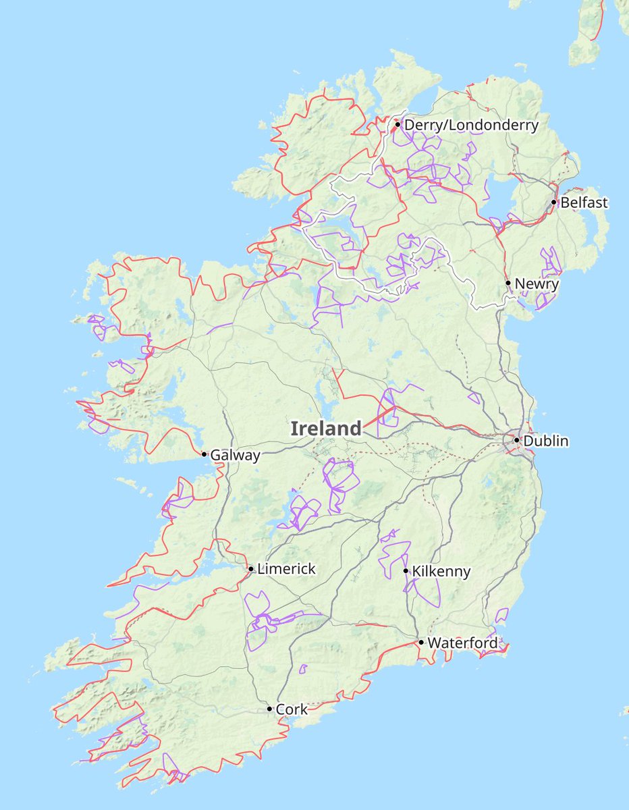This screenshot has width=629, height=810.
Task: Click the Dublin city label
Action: (546, 441)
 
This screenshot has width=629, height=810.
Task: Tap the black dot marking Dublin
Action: (517, 440)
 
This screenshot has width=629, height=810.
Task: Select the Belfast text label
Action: (584, 202)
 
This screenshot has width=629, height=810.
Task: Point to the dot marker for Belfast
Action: (554, 202)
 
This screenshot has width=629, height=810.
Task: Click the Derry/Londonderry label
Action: (471, 125)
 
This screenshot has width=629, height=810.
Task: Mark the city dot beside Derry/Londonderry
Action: (398, 124)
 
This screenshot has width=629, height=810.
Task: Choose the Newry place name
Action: (537, 283)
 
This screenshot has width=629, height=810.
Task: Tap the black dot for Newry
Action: (508, 283)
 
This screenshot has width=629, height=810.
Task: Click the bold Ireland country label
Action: (326, 428)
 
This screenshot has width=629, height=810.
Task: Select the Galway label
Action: (235, 456)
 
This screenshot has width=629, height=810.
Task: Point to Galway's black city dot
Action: (204, 454)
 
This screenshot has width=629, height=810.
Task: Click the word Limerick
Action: (286, 569)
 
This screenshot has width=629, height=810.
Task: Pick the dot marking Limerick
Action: (251, 569)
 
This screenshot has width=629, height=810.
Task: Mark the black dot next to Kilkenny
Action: (406, 571)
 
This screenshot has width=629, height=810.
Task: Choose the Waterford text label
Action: (462, 643)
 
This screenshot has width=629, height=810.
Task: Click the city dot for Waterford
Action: (421, 642)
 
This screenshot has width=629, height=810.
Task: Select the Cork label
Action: (292, 709)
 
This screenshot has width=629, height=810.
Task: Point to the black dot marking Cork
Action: (270, 709)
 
